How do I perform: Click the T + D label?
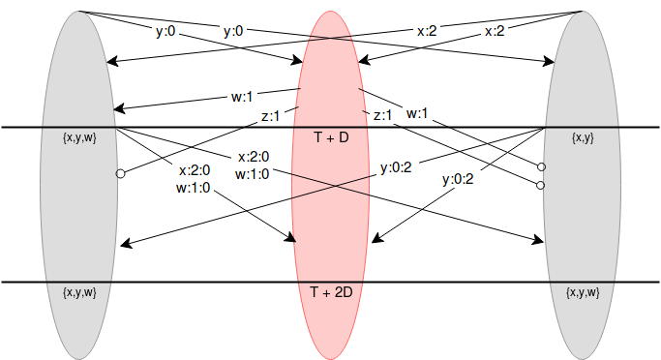tap(330, 138)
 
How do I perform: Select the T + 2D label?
tap(330, 291)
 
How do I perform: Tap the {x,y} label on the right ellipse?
tap(583, 138)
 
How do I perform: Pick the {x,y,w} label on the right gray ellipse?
tap(583, 291)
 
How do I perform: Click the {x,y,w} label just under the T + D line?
tap(78, 138)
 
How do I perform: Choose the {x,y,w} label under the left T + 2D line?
tap(78, 291)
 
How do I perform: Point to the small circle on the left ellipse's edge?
tap(120, 174)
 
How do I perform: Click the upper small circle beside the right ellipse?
tap(540, 166)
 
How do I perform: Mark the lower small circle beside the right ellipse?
tap(540, 184)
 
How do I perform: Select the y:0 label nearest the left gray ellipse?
tap(165, 31)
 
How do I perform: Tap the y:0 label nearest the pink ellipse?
tap(233, 31)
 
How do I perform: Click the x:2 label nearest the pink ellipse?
tap(427, 31)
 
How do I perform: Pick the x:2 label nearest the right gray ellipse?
tap(495, 31)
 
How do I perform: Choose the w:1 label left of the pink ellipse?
tap(241, 97)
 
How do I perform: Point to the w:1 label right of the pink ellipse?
tap(418, 113)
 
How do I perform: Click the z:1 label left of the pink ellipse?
tap(271, 114)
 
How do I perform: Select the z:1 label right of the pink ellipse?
tap(383, 114)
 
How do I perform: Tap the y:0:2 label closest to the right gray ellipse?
tap(460, 178)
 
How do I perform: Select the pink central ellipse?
tap(330, 213)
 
